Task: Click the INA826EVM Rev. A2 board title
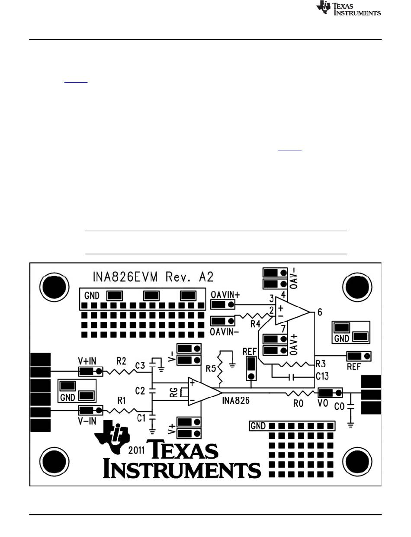(x=153, y=277)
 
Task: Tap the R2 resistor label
(x=121, y=361)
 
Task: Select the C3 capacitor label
(x=140, y=365)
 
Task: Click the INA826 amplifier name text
(x=236, y=401)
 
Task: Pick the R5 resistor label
(x=211, y=369)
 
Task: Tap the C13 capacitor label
(x=322, y=376)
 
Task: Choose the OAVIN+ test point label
(x=225, y=295)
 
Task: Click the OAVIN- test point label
(x=224, y=332)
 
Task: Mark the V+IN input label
(x=87, y=361)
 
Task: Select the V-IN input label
(x=87, y=421)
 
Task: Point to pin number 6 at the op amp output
(x=320, y=312)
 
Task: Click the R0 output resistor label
(x=299, y=404)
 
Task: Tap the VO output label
(x=323, y=403)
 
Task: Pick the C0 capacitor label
(x=339, y=406)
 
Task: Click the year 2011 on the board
(x=136, y=450)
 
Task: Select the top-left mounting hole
(x=55, y=287)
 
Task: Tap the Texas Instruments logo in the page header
(x=349, y=8)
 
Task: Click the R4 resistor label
(x=255, y=324)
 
